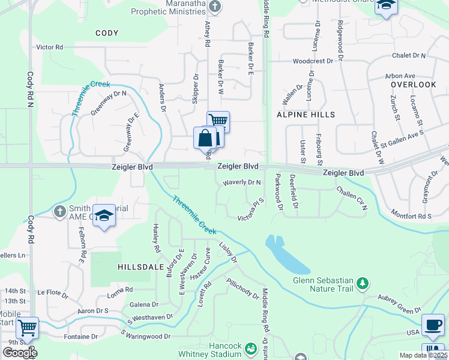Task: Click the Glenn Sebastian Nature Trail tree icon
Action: click(362, 283)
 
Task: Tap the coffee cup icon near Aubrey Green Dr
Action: click(433, 325)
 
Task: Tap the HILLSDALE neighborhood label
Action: click(138, 266)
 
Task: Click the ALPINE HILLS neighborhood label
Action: click(306, 114)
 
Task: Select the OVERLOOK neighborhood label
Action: click(413, 85)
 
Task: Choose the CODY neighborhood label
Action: click(107, 33)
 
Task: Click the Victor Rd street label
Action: click(49, 47)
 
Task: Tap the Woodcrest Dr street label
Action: click(312, 61)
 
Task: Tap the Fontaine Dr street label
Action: click(81, 337)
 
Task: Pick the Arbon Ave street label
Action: click(400, 76)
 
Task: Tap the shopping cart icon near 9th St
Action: click(27, 328)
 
